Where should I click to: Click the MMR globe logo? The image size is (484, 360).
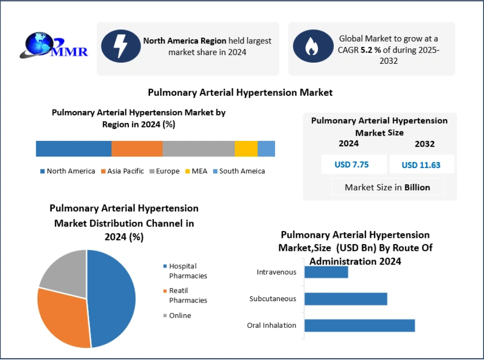click(x=54, y=45)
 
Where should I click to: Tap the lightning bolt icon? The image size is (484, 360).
click(x=121, y=46)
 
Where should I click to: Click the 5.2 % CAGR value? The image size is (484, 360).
click(x=371, y=50)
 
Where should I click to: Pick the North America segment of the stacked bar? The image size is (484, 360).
click(x=73, y=149)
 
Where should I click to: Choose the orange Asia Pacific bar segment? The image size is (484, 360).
click(x=137, y=149)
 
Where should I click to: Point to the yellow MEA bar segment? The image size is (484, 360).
click(x=246, y=149)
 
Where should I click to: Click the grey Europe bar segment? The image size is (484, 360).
click(x=198, y=149)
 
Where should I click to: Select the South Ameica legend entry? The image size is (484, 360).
click(x=239, y=171)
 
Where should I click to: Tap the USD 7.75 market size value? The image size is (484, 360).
click(x=352, y=165)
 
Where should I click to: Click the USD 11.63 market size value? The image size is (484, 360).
click(x=421, y=165)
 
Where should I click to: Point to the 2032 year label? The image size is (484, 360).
click(x=425, y=144)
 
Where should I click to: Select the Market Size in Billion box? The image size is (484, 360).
click(x=387, y=187)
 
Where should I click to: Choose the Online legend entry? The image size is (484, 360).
click(x=177, y=316)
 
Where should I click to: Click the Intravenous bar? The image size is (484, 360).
click(x=326, y=272)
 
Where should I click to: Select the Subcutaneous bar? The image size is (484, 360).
click(x=346, y=299)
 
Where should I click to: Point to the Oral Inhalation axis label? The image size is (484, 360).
click(x=272, y=325)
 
